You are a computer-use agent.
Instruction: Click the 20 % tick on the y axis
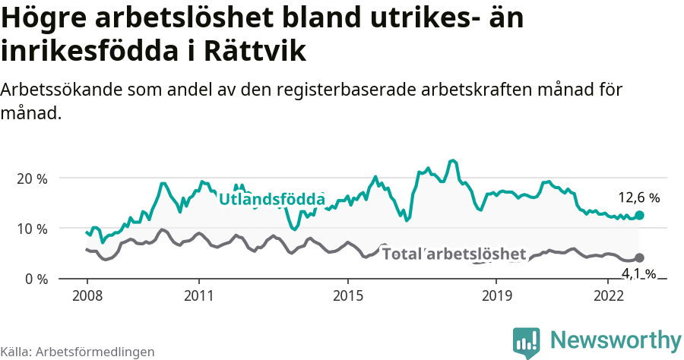coord(31,178)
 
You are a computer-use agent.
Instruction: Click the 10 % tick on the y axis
coord(31,229)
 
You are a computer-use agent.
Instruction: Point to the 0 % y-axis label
coord(35,279)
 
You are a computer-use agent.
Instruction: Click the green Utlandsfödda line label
coord(271,200)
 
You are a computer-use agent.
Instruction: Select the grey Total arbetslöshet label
coord(454,254)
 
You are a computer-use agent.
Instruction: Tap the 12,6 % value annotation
coord(638,198)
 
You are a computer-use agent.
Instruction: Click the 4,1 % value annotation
coord(638,273)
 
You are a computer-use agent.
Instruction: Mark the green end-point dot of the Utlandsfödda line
coord(639,216)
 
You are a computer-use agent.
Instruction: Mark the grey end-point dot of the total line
coord(639,258)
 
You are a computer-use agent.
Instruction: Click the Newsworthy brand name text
coord(616,339)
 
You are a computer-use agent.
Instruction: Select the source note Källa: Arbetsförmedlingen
coord(78,352)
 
